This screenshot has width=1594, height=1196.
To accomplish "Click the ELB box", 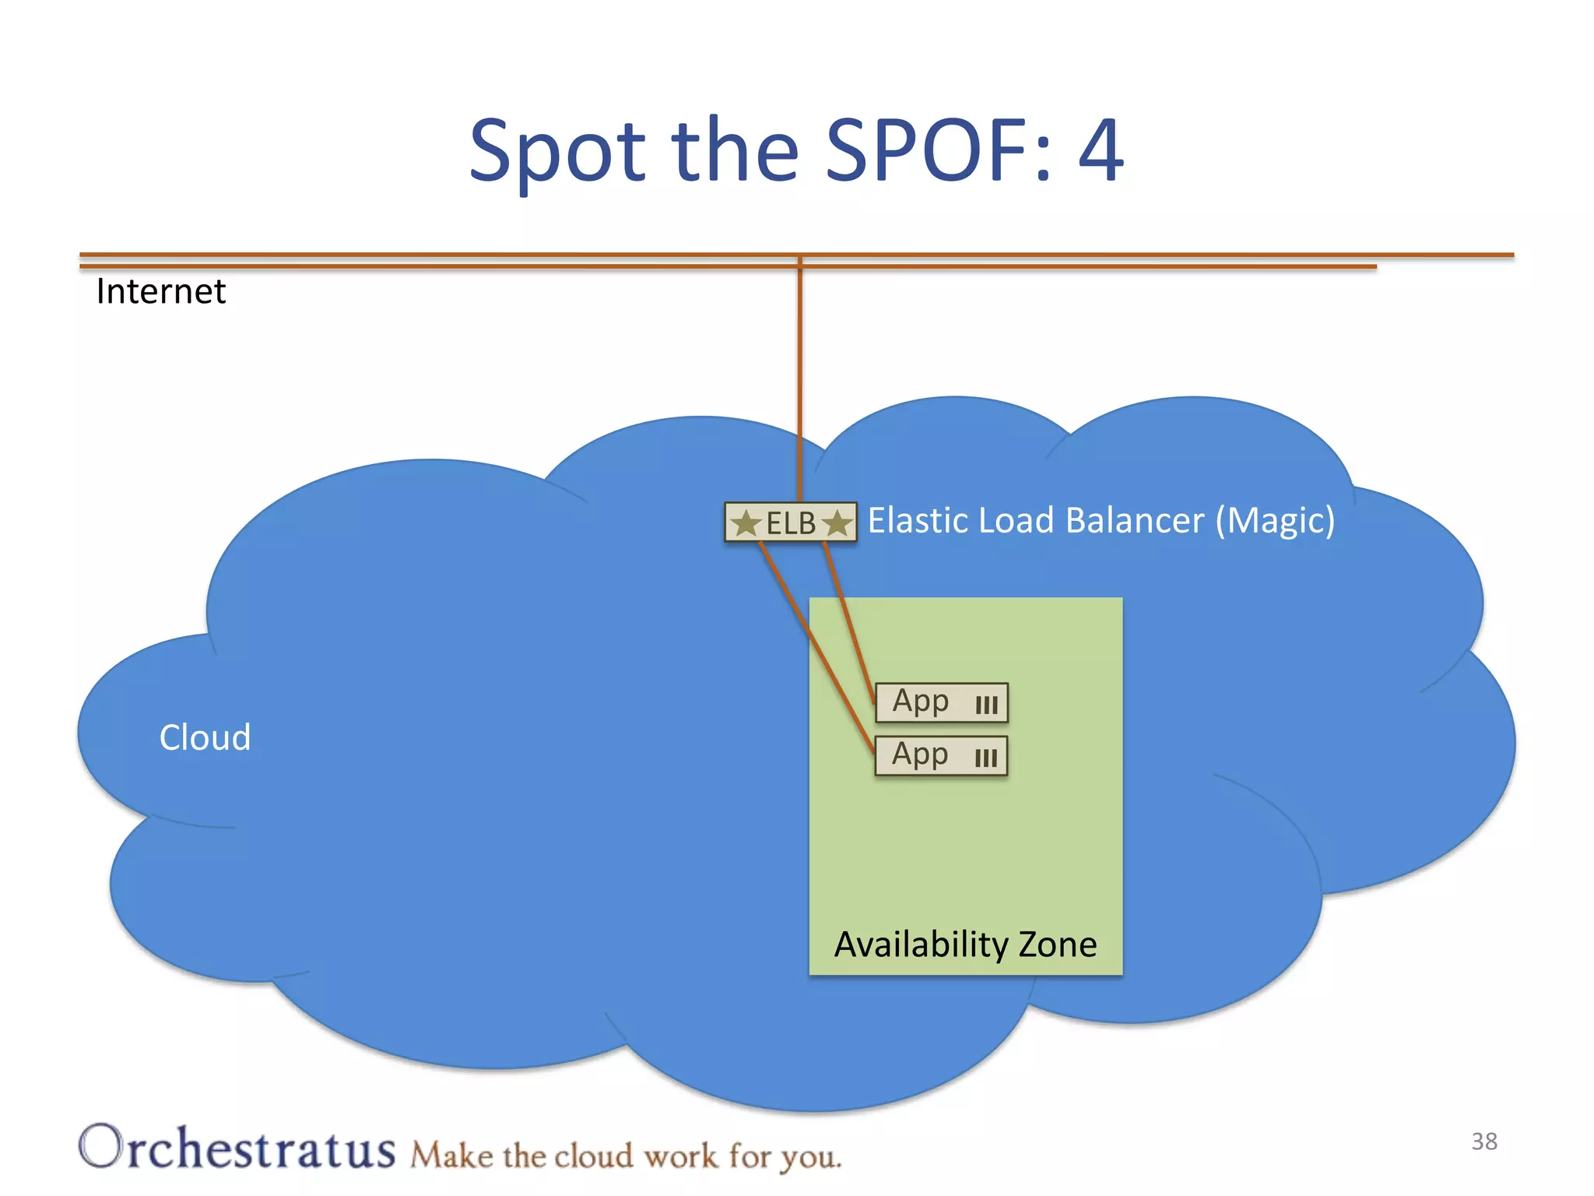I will click(x=791, y=522).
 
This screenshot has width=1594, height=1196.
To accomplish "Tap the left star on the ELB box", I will click(x=746, y=522).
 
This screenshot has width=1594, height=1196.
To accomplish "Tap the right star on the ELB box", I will click(x=837, y=522).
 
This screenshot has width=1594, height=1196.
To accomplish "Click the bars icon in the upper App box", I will click(x=986, y=705).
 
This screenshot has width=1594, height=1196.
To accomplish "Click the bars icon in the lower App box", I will click(x=986, y=758).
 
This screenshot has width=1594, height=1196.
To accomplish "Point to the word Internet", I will click(x=160, y=292).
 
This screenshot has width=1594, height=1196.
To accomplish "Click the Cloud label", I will click(x=205, y=737).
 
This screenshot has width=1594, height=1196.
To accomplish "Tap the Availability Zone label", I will click(x=965, y=944).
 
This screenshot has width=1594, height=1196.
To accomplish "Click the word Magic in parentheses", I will click(x=1275, y=521).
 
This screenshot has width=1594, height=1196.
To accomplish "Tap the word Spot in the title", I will click(x=557, y=152).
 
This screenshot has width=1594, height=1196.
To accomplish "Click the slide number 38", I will click(x=1484, y=1141).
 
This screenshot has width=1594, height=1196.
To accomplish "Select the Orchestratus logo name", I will click(x=237, y=1148).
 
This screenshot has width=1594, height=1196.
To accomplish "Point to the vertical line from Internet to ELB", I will click(x=799, y=382).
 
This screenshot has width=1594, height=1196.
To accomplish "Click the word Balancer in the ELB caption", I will click(x=1135, y=520).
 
